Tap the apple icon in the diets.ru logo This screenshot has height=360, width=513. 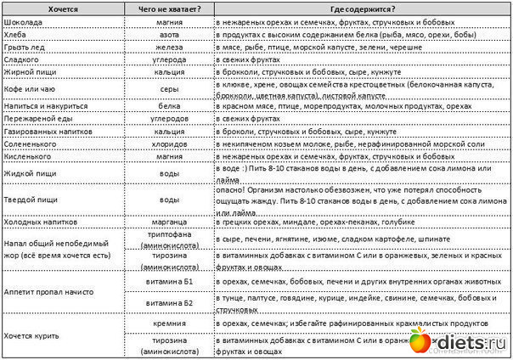pos(420,341)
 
